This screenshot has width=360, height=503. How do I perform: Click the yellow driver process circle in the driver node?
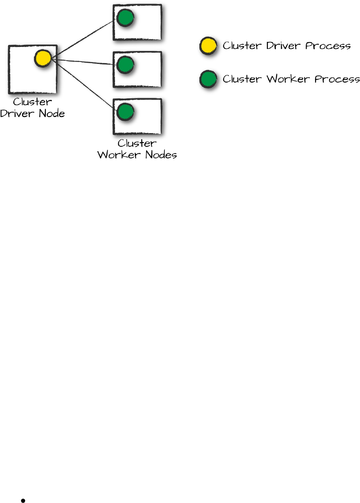pyautogui.click(x=43, y=58)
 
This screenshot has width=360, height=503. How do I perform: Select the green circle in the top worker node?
pyautogui.click(x=126, y=17)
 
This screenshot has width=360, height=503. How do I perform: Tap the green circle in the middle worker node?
pyautogui.click(x=126, y=64)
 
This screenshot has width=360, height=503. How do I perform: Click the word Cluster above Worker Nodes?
pyautogui.click(x=137, y=144)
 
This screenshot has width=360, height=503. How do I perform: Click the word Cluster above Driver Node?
pyautogui.click(x=32, y=102)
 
